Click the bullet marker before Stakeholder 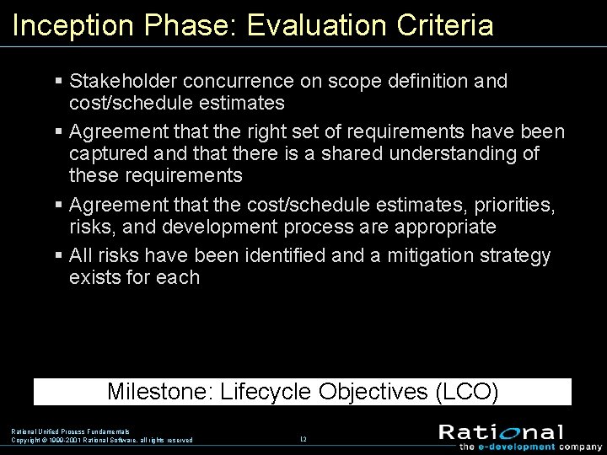58,83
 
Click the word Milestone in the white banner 159,392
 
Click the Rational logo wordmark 501,431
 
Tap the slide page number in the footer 303,439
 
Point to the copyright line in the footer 102,440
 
